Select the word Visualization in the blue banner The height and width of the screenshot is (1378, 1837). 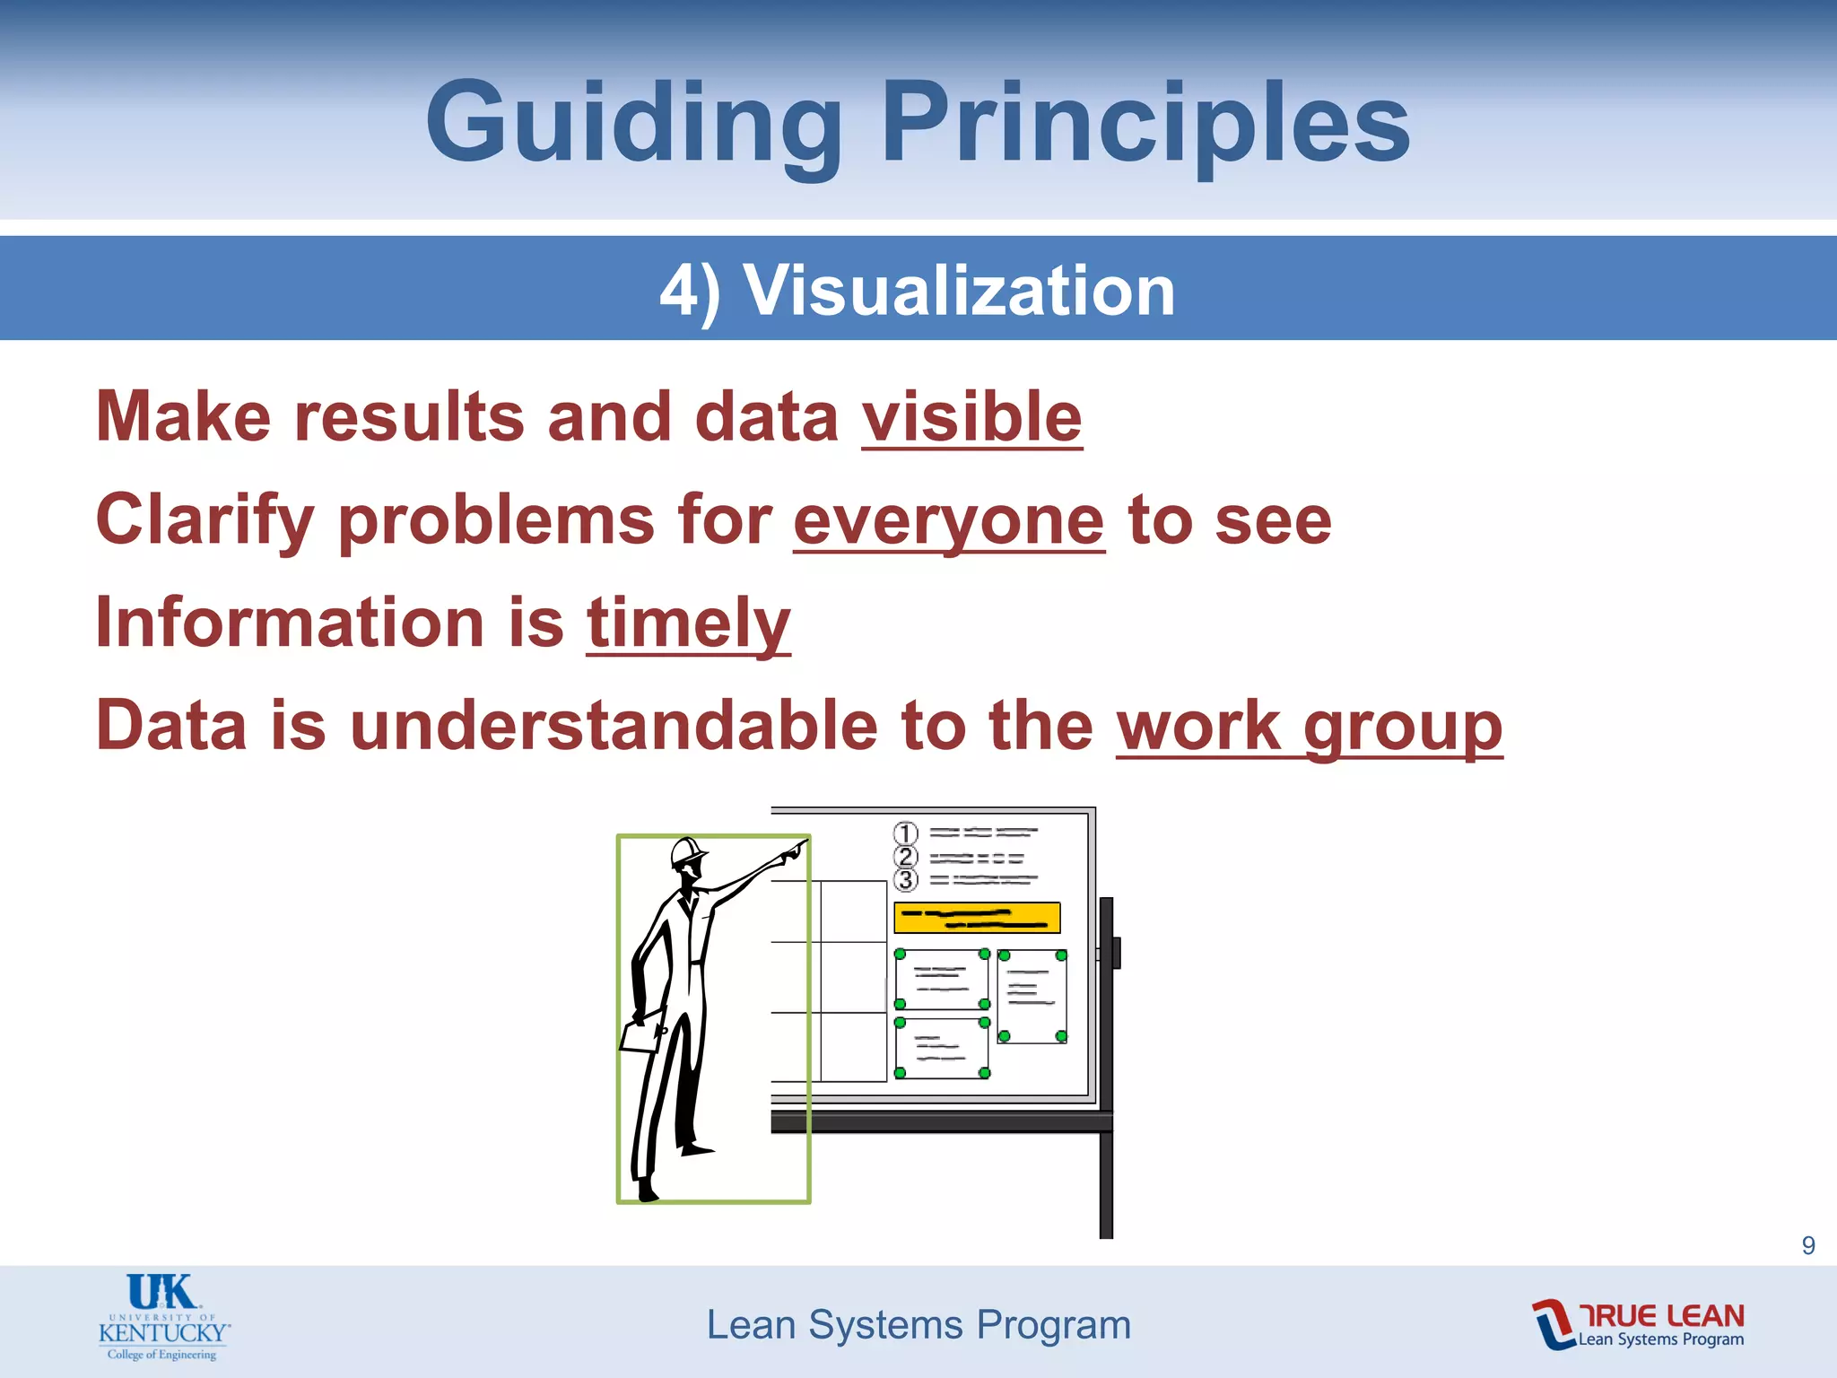[960, 291]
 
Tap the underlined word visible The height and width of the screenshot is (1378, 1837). [971, 417]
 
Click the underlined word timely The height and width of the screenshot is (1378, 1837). [688, 623]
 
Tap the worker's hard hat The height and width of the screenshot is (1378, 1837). [688, 851]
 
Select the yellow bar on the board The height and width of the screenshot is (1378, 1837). [977, 918]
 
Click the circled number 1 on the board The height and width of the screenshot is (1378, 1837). [906, 833]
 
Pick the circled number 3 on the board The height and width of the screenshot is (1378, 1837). [906, 880]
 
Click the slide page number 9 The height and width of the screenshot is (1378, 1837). [1808, 1245]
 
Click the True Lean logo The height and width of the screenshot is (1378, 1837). [1638, 1324]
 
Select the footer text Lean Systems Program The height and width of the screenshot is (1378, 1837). [918, 1325]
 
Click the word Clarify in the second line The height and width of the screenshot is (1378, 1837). [205, 520]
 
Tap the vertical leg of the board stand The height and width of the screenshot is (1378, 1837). [1106, 1184]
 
